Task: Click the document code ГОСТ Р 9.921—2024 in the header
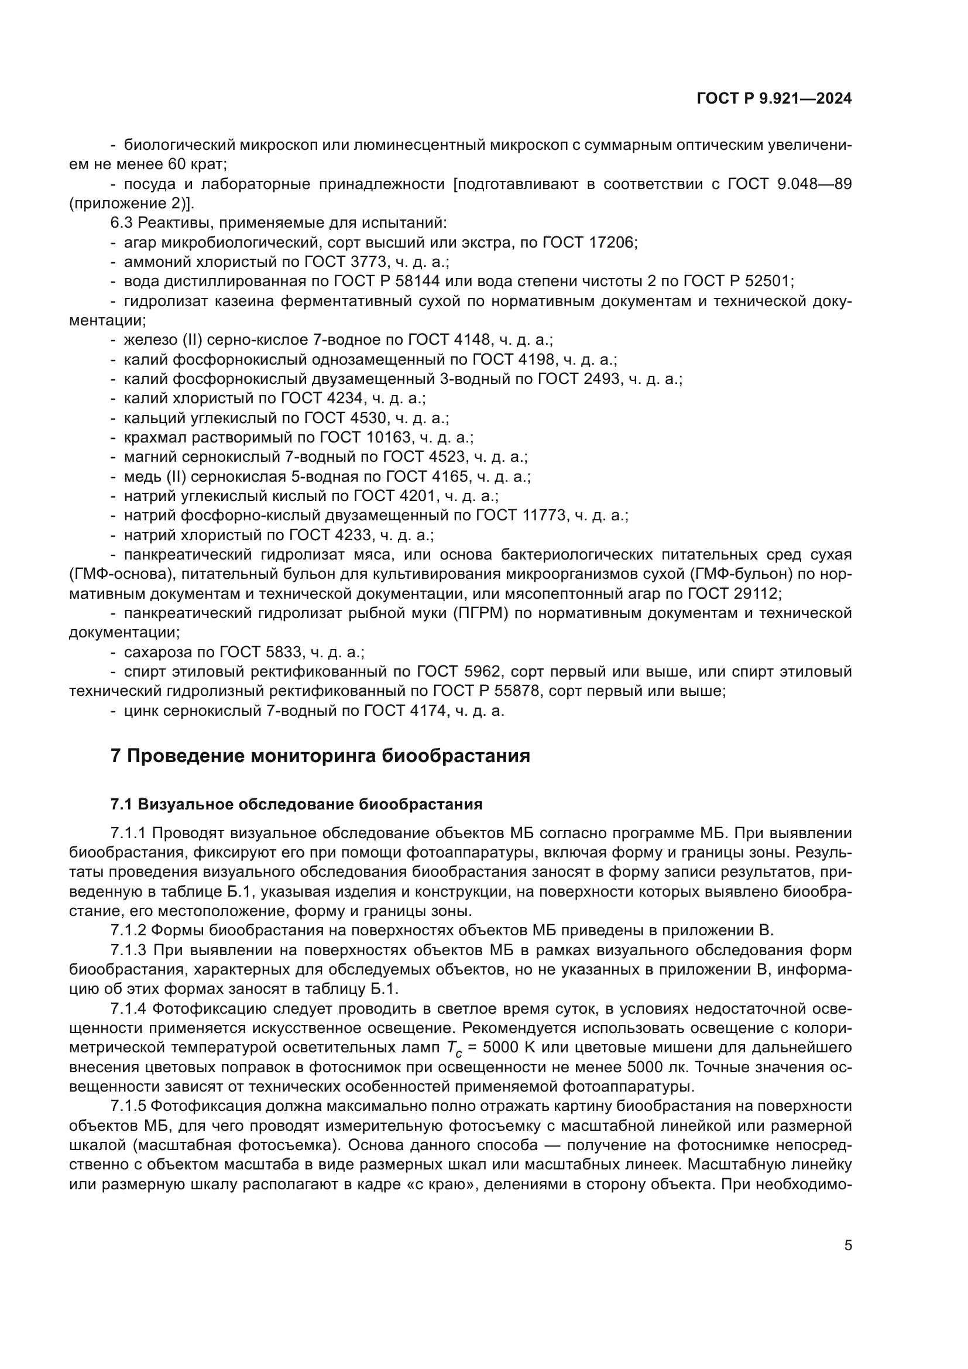pyautogui.click(x=774, y=98)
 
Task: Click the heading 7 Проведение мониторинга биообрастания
pyautogui.click(x=320, y=756)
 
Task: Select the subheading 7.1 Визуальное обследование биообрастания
pyautogui.click(x=296, y=804)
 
